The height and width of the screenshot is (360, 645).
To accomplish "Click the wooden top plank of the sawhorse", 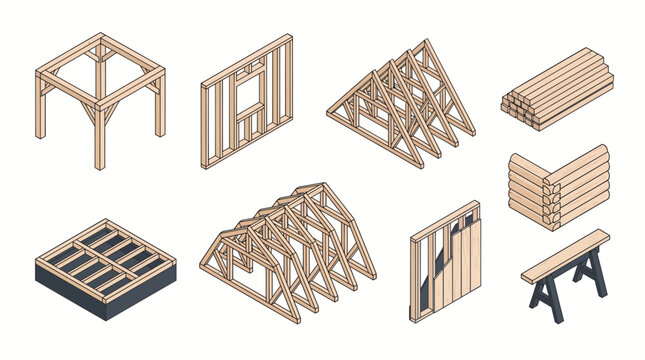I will (565, 254).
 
